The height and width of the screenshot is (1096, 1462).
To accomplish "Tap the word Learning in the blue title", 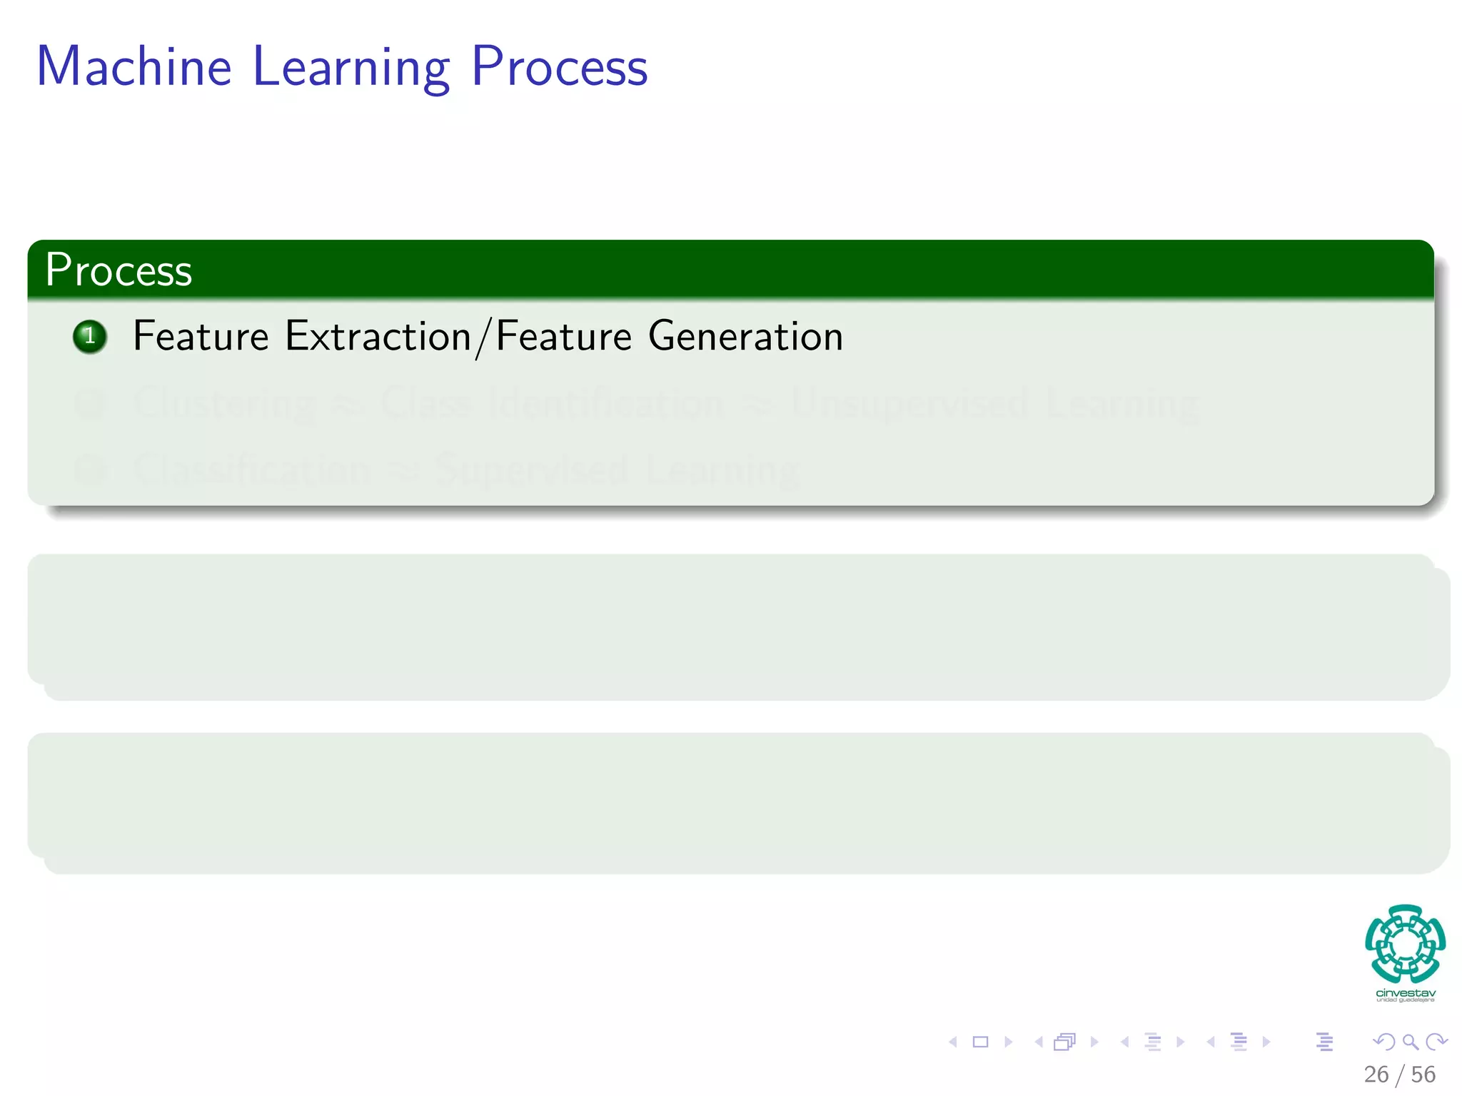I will click(x=351, y=68).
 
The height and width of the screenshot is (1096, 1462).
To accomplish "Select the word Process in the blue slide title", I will click(x=559, y=68).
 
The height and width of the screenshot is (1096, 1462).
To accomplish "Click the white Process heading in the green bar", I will click(x=119, y=270).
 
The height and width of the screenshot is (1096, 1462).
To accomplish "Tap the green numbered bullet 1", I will click(x=90, y=337).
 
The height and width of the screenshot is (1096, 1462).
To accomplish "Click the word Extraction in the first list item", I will click(x=378, y=336).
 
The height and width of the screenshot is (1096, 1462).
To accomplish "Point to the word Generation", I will click(x=745, y=336).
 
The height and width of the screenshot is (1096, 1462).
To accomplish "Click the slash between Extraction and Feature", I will click(x=483, y=338).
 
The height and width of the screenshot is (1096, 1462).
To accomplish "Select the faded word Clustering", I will click(x=225, y=404).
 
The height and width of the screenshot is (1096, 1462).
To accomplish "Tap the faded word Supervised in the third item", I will click(x=532, y=471).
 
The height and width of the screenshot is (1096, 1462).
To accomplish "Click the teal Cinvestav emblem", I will click(x=1405, y=943).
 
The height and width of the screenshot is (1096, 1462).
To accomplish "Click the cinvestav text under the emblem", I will click(x=1405, y=993).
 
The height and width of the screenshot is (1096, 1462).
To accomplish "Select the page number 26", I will click(x=1376, y=1074).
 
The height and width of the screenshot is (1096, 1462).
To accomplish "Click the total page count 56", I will click(x=1423, y=1074).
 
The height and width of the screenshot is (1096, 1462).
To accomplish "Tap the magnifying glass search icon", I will click(x=1410, y=1042).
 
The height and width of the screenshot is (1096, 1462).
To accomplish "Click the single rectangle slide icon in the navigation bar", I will click(x=980, y=1042).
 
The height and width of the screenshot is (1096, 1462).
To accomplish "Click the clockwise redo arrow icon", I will click(x=1436, y=1042).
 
